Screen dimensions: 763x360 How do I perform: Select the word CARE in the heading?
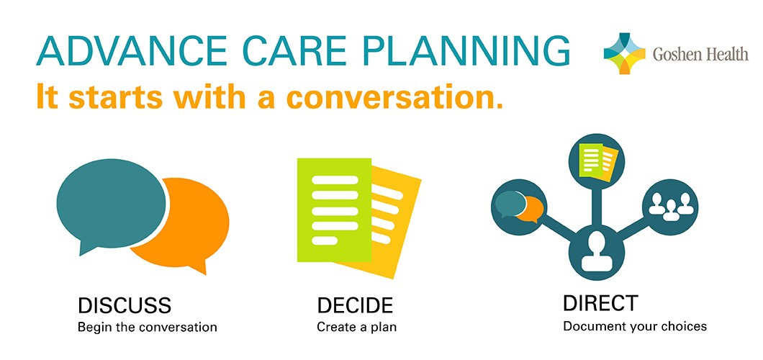click(284, 50)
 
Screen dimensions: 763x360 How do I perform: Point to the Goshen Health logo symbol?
click(624, 53)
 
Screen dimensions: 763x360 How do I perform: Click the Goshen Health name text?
click(700, 53)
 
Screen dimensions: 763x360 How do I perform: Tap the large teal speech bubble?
click(110, 204)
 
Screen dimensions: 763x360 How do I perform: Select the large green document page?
click(334, 210)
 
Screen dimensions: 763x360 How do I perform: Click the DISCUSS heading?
click(125, 305)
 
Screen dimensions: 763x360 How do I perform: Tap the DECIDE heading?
click(355, 305)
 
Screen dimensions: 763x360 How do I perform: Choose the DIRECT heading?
click(600, 303)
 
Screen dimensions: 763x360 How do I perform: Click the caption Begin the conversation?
click(148, 326)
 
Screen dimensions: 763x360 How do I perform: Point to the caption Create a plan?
click(357, 326)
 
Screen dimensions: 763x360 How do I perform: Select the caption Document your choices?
click(635, 325)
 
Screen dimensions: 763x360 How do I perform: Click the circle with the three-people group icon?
click(670, 207)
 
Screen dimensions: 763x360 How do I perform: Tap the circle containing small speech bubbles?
click(519, 207)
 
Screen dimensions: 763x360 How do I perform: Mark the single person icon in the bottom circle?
click(595, 251)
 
